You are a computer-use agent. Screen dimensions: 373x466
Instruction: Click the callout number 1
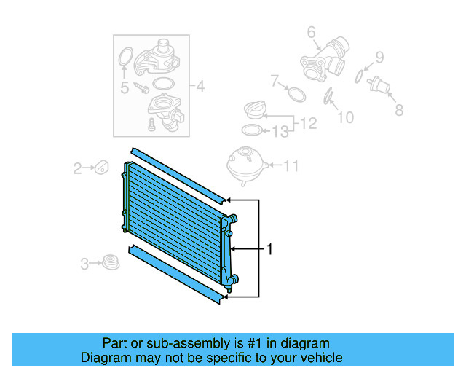coord(270,250)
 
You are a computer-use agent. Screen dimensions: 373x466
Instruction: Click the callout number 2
coord(76,169)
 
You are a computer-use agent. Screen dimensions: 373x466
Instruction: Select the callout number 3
coord(84,263)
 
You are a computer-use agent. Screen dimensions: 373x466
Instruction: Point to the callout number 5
coord(125,88)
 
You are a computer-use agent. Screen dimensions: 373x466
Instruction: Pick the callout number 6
coord(311,32)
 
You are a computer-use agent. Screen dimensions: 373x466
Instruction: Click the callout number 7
coord(275,80)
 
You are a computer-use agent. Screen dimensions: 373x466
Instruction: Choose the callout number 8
coord(398,111)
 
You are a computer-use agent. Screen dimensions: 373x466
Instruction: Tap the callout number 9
coord(379,57)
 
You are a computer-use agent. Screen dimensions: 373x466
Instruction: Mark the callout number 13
coord(280,132)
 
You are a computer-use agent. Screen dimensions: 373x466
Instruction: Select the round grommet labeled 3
coord(110,261)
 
